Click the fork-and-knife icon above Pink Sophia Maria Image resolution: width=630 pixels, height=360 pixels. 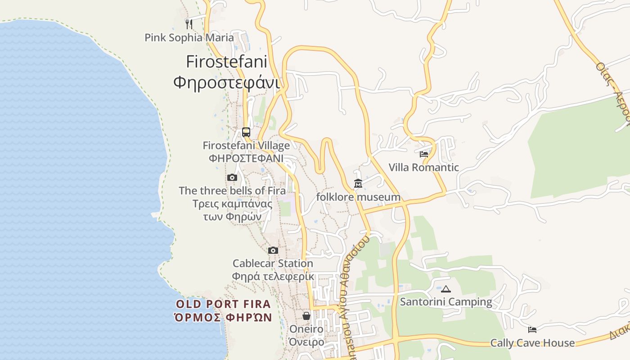click(189, 24)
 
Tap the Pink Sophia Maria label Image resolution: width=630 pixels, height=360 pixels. click(189, 37)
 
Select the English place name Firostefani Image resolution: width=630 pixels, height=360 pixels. click(226, 61)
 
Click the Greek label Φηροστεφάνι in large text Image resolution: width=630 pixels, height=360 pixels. click(226, 82)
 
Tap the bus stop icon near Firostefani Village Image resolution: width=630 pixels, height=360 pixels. click(246, 132)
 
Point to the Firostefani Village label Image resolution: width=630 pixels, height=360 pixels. click(246, 145)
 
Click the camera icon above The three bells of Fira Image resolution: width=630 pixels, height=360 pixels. click(232, 177)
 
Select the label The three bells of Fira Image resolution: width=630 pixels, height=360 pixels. click(232, 190)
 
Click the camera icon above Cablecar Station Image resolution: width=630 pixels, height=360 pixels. click(273, 250)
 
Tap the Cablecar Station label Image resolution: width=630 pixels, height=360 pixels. click(273, 263)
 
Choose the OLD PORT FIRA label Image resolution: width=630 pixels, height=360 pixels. click(223, 304)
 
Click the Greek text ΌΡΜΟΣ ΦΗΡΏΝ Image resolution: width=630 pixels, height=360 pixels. click(223, 317)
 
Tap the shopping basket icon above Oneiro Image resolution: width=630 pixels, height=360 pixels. click(306, 316)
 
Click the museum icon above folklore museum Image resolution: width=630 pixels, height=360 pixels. click(358, 184)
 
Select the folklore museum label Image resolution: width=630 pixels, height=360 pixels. click(358, 197)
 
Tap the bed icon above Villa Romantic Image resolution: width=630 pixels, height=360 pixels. click(423, 154)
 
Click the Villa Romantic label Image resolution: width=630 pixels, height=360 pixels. click(423, 167)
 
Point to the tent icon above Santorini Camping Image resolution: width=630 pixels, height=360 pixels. click(445, 289)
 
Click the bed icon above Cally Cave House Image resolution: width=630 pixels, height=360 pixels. click(532, 329)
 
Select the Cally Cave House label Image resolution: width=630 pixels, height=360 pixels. click(532, 343)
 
